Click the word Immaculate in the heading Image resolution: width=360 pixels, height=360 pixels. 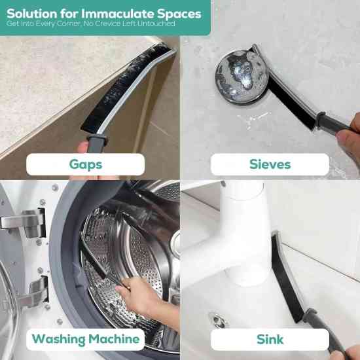118,14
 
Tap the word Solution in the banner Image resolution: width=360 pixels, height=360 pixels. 31,14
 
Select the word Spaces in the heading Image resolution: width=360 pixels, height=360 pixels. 179,14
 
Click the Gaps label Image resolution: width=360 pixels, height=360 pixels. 86,164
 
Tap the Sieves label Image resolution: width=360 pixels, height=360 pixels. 270,164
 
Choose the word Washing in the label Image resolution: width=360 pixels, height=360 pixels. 58,340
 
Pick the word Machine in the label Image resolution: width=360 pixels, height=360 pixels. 114,339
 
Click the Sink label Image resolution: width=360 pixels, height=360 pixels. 270,339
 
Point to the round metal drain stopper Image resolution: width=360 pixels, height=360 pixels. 242,77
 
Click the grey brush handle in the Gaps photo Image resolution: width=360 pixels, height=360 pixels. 97,143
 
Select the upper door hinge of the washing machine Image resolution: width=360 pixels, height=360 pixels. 26,223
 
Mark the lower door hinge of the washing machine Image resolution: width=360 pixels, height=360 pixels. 35,291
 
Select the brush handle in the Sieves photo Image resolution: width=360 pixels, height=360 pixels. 334,124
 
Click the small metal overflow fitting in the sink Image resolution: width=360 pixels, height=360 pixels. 218,319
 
